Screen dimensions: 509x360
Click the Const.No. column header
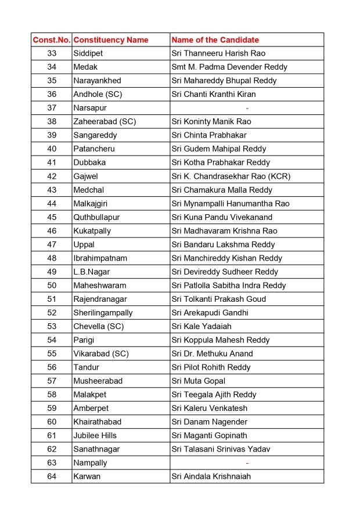[x=52, y=40]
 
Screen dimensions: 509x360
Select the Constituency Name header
[x=111, y=40]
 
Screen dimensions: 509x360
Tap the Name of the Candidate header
[x=215, y=40]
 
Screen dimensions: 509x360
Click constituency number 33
[x=52, y=53]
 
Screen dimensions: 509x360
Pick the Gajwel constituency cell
[x=86, y=176]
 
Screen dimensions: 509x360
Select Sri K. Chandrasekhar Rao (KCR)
[x=231, y=176]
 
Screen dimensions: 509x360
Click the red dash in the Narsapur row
[x=247, y=108]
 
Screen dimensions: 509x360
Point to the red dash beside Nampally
[x=247, y=463]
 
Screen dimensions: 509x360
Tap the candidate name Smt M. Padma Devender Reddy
[x=229, y=67]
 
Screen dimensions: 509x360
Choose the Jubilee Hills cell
[x=95, y=436]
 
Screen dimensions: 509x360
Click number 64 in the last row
[x=52, y=477]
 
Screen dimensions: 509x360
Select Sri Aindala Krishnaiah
[x=211, y=477]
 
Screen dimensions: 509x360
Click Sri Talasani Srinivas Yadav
[x=221, y=449]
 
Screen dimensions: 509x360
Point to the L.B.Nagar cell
[x=92, y=272]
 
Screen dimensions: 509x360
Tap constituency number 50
[x=52, y=286]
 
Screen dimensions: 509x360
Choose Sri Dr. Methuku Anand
[x=212, y=354]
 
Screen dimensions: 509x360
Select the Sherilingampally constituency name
[x=103, y=313]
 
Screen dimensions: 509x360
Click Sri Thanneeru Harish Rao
[x=218, y=53]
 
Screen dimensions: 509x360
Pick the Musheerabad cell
[x=98, y=381]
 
